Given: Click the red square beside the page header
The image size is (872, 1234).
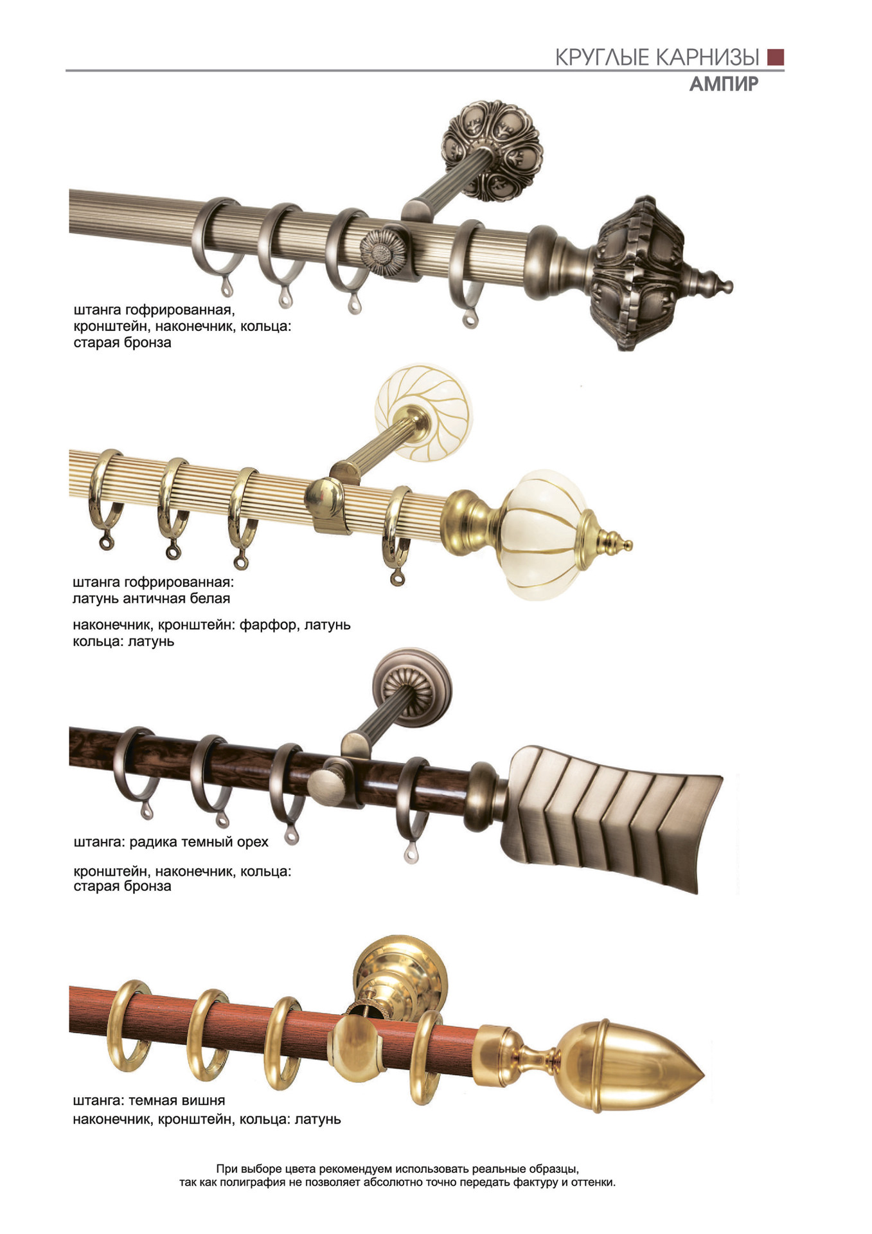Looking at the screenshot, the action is [776, 57].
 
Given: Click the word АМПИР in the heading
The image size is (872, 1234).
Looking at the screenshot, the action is [724, 84].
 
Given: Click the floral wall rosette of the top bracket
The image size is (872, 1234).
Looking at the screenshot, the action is [493, 150].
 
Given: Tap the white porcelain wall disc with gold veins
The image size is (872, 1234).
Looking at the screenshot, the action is [423, 411].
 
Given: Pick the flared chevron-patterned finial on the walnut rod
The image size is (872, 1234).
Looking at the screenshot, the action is [612, 819].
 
